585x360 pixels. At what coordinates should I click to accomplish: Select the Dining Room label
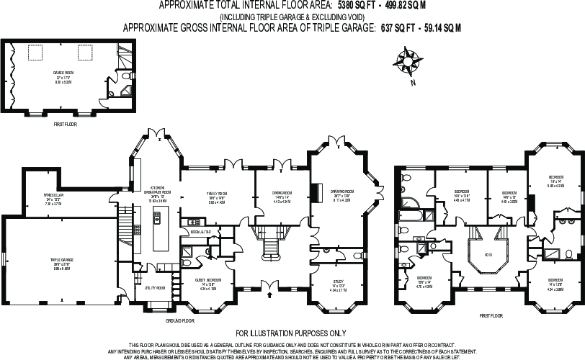point(282,193)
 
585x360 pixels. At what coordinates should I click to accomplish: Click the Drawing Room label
point(341,192)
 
